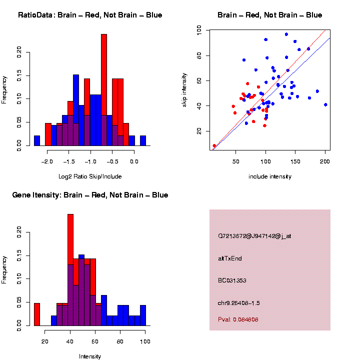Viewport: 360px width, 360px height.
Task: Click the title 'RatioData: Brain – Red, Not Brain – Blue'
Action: click(x=90, y=15)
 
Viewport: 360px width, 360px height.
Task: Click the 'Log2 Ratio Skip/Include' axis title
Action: click(x=91, y=176)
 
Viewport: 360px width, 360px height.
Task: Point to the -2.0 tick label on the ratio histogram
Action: click(x=47, y=161)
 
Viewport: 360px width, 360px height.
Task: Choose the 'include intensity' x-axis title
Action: click(x=270, y=176)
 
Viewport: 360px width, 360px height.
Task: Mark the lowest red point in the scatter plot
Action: click(x=214, y=146)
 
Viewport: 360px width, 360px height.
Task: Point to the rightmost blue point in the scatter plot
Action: click(x=325, y=104)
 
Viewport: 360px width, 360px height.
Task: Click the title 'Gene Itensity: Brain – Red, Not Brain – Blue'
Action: click(x=90, y=195)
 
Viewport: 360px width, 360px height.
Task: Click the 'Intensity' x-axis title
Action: click(x=90, y=356)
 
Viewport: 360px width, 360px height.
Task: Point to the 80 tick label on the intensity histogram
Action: click(x=120, y=341)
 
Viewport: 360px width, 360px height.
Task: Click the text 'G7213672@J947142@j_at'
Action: click(x=254, y=236)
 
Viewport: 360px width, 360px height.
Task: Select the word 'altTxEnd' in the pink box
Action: click(x=230, y=258)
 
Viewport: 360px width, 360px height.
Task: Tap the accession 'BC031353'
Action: click(x=232, y=280)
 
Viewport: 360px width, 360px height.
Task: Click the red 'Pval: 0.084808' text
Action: click(x=238, y=319)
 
